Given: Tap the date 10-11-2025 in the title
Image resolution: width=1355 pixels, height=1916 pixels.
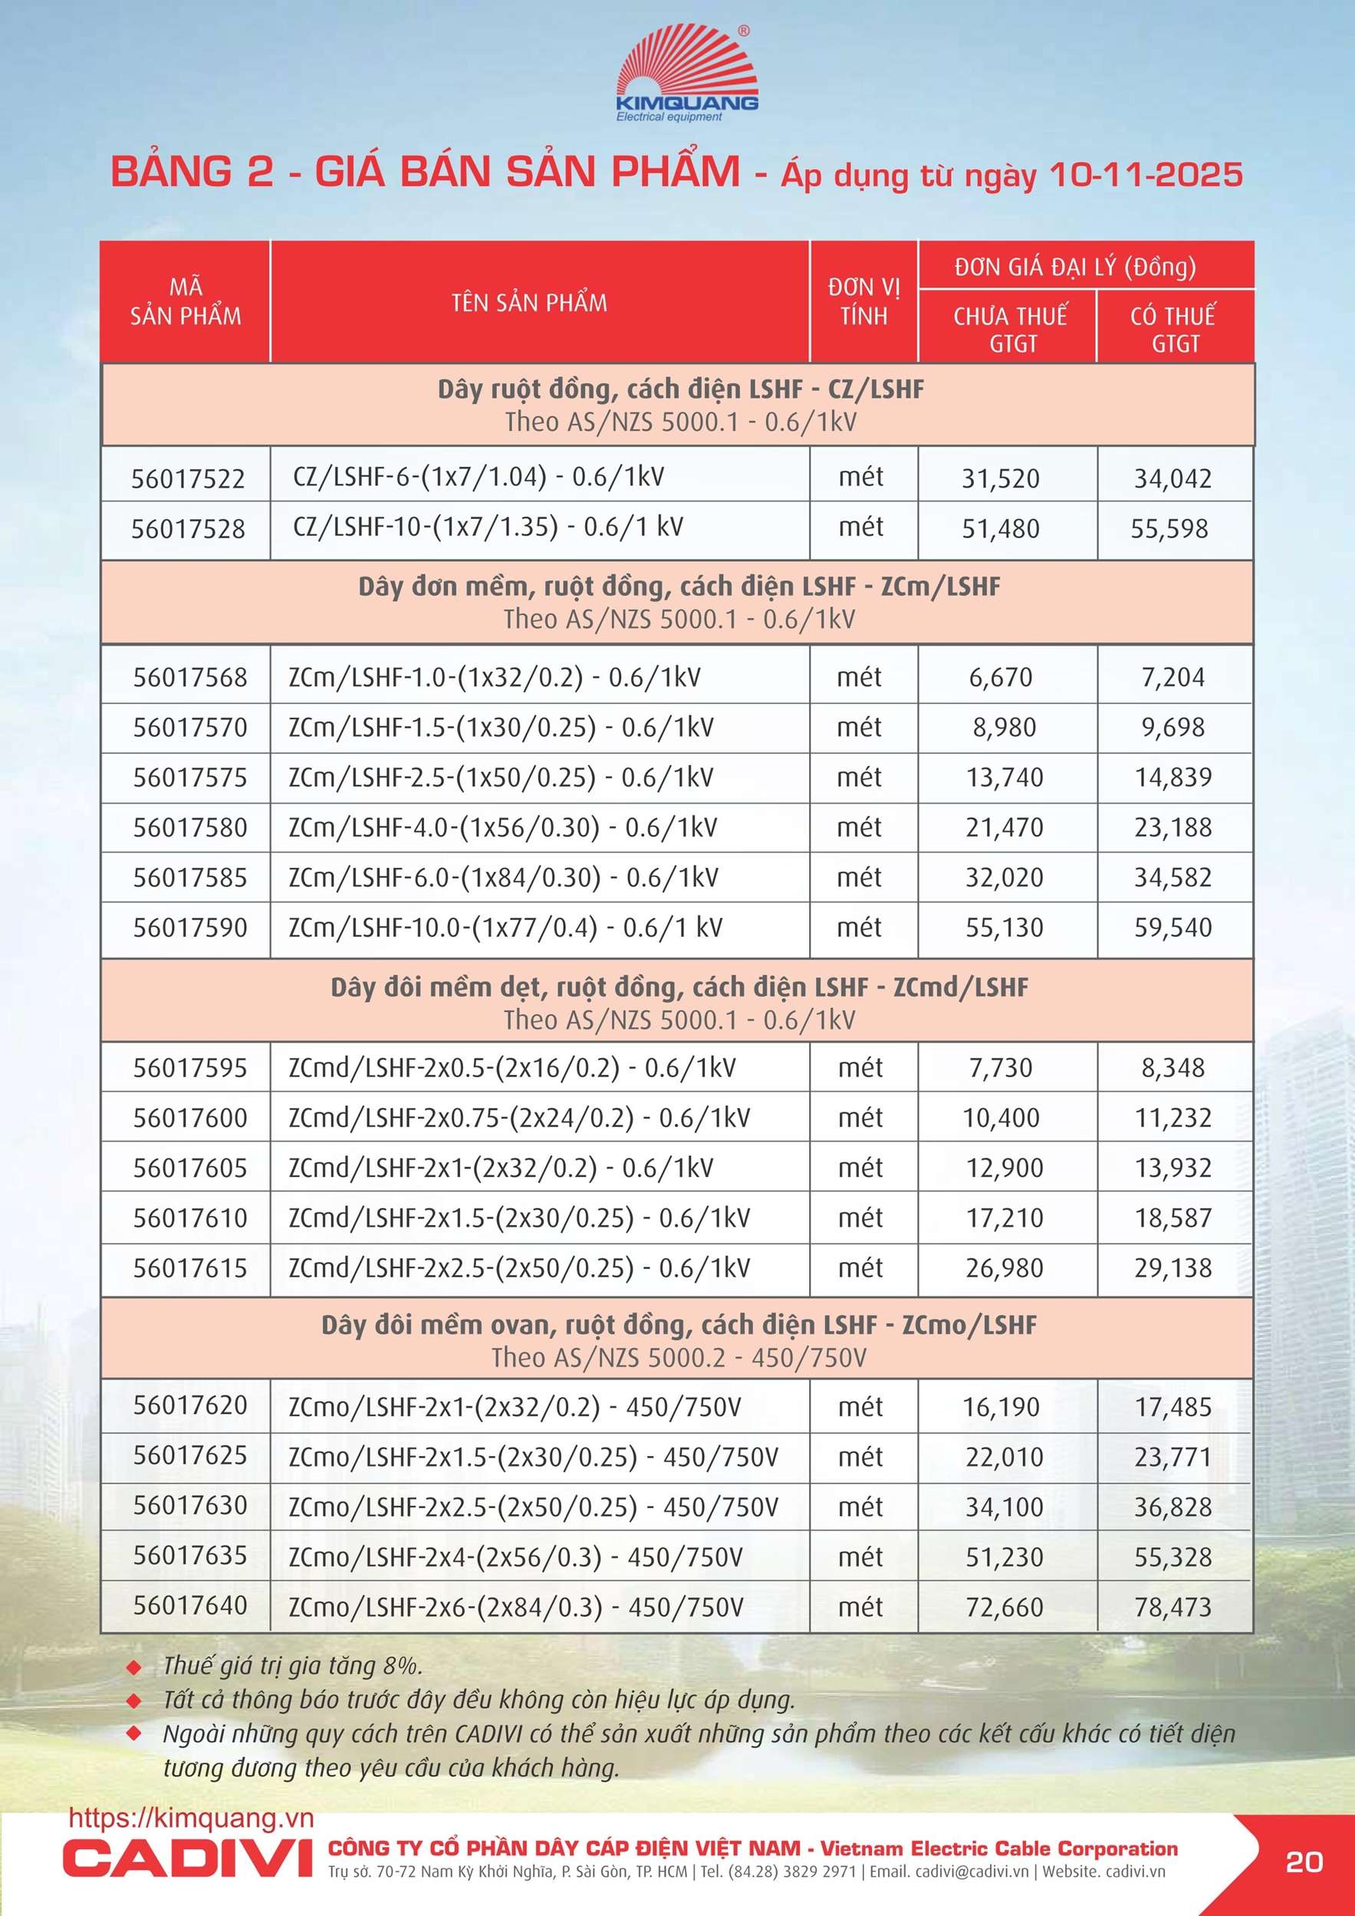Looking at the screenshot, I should (x=1145, y=174).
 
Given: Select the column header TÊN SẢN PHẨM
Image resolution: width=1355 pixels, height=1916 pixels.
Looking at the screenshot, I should (x=529, y=302).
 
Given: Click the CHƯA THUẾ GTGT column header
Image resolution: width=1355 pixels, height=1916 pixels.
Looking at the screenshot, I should (x=1010, y=329).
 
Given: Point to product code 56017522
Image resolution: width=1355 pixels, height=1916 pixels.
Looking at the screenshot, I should (x=188, y=478).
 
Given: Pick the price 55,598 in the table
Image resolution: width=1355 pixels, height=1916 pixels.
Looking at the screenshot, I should (x=1169, y=528).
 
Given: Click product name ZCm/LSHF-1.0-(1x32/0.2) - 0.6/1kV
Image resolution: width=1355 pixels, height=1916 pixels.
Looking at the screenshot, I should (x=495, y=677).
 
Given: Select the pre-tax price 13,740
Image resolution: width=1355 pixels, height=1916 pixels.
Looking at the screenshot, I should (x=1005, y=777).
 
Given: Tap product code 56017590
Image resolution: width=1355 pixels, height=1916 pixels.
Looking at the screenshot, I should (x=190, y=927).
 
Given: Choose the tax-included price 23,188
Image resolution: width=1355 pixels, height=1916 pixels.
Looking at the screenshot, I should (x=1172, y=827).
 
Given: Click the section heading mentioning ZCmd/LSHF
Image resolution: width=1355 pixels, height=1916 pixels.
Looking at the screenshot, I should (x=679, y=988).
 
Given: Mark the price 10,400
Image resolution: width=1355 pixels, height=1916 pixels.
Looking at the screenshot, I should (x=1001, y=1117).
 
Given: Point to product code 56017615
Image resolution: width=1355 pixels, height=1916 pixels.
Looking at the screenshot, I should (x=190, y=1267).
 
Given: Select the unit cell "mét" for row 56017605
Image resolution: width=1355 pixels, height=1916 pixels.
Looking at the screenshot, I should (x=860, y=1168).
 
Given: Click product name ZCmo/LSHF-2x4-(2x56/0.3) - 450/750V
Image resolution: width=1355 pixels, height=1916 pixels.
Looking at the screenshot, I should (x=515, y=1556).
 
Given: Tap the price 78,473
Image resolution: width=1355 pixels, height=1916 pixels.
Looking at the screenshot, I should (x=1172, y=1606).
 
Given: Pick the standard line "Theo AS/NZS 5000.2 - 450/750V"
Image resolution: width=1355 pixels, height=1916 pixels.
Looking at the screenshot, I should (x=679, y=1358).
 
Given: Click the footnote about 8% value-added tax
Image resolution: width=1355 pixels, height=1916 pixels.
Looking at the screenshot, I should (x=293, y=1665).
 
